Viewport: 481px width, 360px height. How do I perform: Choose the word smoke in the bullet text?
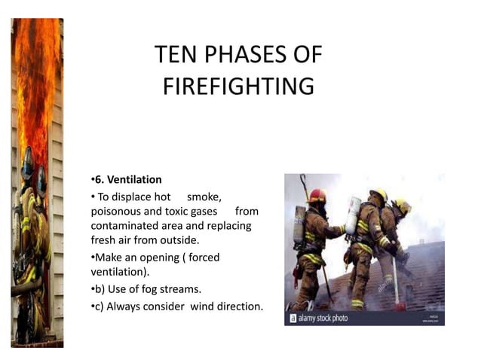coord(204,197)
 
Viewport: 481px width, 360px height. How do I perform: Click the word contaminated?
coord(124,225)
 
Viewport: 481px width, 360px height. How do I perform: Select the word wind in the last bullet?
coord(202,307)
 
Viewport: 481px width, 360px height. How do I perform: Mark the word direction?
coord(240,307)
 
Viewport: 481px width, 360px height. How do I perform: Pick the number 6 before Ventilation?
coord(98,179)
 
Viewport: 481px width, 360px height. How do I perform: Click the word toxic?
coord(179,211)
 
